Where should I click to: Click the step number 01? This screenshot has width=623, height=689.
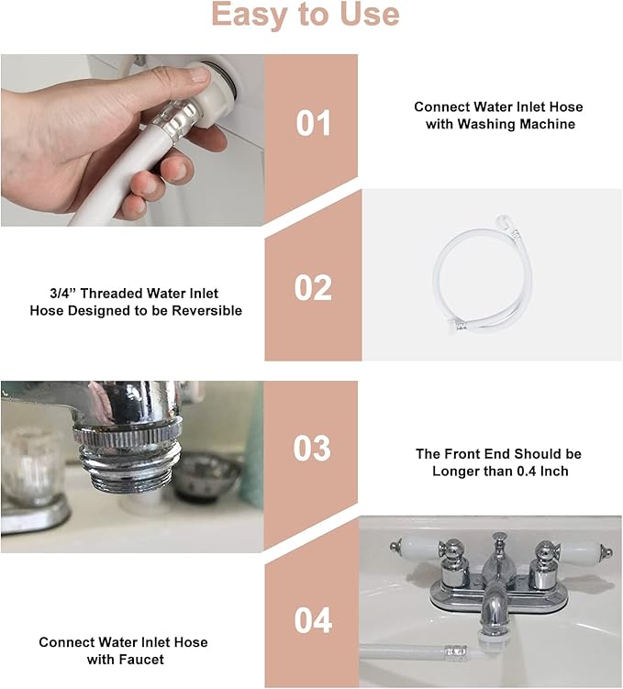(313, 123)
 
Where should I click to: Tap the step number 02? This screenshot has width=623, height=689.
(313, 288)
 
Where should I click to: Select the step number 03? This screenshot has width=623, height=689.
(312, 449)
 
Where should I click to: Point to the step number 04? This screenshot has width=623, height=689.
(313, 620)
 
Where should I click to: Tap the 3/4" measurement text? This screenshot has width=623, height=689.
(62, 293)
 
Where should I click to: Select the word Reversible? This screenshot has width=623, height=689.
(207, 311)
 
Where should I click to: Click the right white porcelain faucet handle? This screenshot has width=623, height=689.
(581, 549)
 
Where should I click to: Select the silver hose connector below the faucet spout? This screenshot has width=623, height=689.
(456, 651)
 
